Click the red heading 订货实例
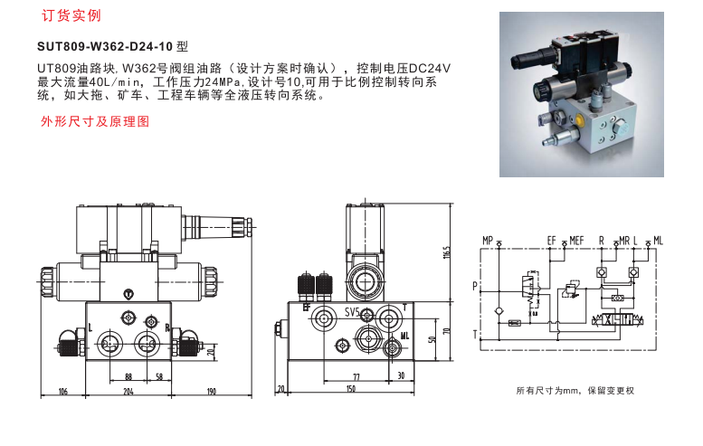coord(71,15)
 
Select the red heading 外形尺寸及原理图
coord(95,121)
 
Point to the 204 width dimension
coord(128,392)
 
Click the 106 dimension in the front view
coord(63,392)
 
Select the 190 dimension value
coord(211,392)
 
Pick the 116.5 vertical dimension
coord(447,254)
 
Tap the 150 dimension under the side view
coord(351,389)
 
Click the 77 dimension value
coord(356,377)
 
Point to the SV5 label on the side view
coord(352,312)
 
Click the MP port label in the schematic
coord(488,241)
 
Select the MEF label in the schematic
coord(576,241)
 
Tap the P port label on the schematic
coord(475,286)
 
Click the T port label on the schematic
coord(475,334)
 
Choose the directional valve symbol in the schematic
coord(618,320)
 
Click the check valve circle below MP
coord(499,311)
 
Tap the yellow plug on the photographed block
coord(580,120)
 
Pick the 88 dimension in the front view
coord(128,377)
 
